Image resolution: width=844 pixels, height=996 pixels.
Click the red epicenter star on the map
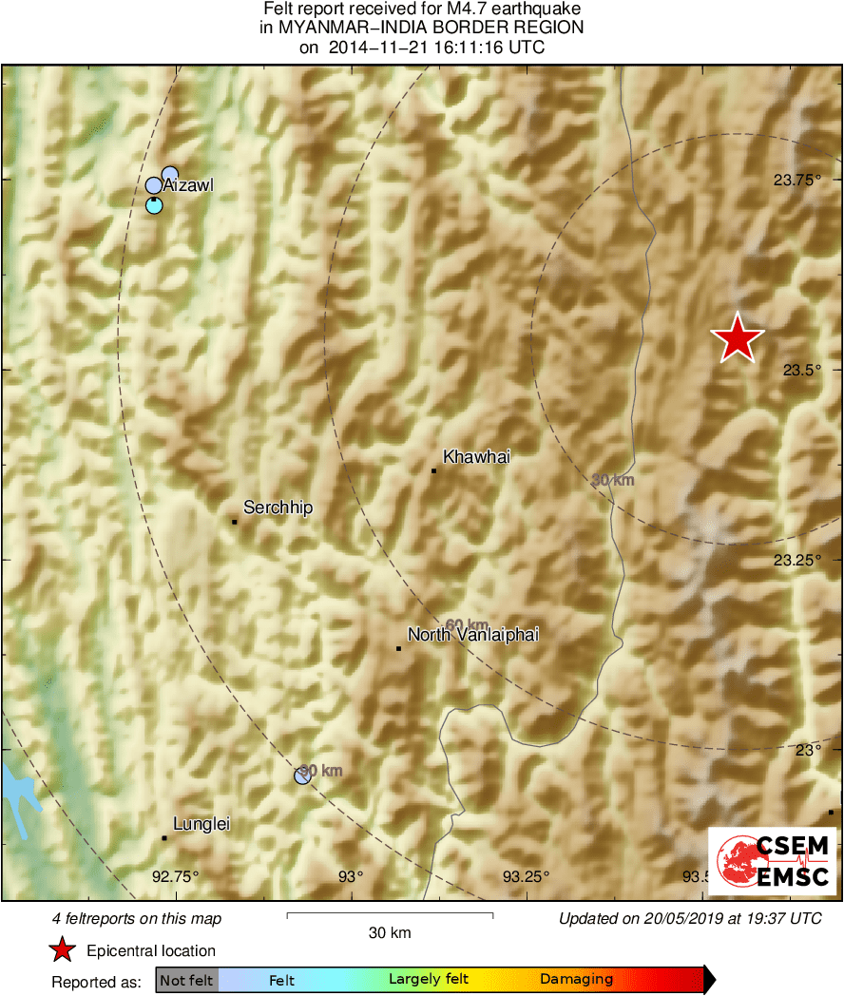(x=738, y=338)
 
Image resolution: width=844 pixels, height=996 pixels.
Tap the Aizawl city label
(x=188, y=185)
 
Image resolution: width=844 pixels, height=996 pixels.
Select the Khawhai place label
(x=476, y=457)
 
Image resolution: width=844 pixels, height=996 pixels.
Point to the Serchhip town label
(x=278, y=508)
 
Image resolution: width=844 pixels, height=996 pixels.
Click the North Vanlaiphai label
(x=472, y=635)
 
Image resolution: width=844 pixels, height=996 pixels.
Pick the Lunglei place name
(x=201, y=825)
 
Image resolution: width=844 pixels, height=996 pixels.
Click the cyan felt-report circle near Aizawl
(x=154, y=205)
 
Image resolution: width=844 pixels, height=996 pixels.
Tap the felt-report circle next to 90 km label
(x=302, y=776)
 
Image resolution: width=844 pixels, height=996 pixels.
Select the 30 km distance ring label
(x=612, y=481)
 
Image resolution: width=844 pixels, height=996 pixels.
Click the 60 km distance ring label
(x=467, y=624)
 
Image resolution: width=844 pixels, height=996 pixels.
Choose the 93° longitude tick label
(x=352, y=876)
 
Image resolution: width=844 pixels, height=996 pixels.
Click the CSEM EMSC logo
(x=772, y=860)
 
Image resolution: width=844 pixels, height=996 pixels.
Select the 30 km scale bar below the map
(x=390, y=916)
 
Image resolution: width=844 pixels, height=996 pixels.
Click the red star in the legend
(x=63, y=949)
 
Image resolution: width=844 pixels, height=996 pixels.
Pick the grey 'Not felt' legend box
(x=186, y=980)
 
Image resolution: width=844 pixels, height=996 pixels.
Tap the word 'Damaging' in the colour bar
(x=576, y=980)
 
